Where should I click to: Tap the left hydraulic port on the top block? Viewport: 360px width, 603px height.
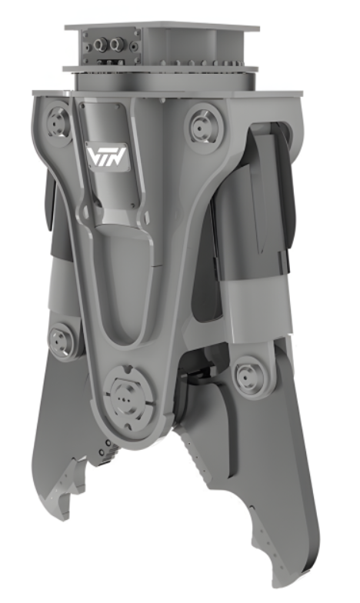[x=102, y=45]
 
